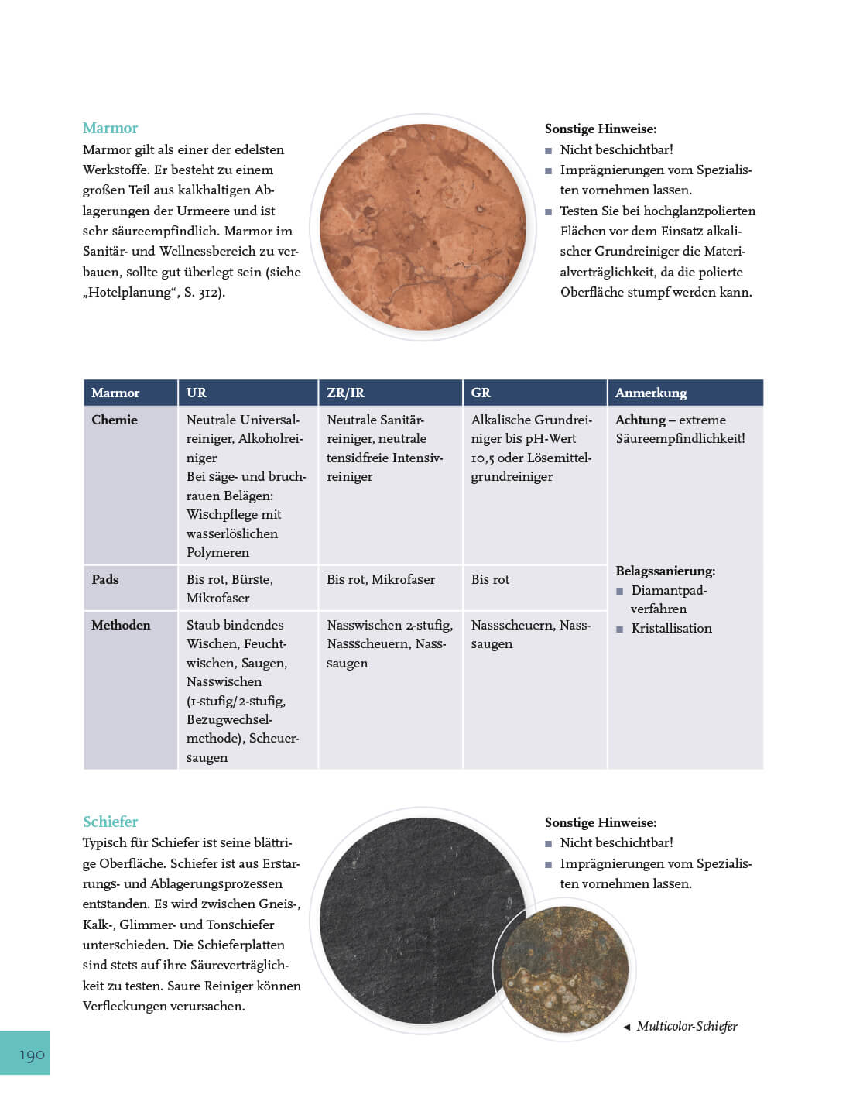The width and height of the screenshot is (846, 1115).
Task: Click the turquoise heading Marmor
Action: pos(110,128)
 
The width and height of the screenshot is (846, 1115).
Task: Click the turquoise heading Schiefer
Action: pos(110,822)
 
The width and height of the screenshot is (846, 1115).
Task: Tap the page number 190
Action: pos(32,1055)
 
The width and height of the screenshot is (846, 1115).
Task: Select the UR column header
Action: pos(197,393)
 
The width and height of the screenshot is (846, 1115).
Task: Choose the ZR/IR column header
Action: pos(345,393)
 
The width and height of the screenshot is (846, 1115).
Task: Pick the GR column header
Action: pos(481,393)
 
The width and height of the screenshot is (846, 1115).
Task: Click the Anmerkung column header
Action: pos(651,393)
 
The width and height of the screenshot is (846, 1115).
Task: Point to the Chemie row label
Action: pos(115,420)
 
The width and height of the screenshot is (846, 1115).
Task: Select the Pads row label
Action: pos(105,579)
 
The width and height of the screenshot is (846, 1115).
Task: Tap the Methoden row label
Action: pos(121,625)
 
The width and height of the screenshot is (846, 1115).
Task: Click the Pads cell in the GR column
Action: pos(491,579)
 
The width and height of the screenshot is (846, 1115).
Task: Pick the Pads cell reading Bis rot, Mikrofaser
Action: pos(381,579)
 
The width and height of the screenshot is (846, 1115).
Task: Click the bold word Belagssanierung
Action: pos(666,571)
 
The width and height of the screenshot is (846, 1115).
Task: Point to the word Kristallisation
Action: pos(671,628)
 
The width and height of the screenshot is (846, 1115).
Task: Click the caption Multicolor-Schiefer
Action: pos(687,1026)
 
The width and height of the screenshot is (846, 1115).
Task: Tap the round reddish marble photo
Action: pos(423,227)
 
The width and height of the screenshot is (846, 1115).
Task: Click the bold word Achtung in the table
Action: pos(640,420)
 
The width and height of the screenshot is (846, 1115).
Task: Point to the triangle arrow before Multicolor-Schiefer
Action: pos(626,1027)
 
